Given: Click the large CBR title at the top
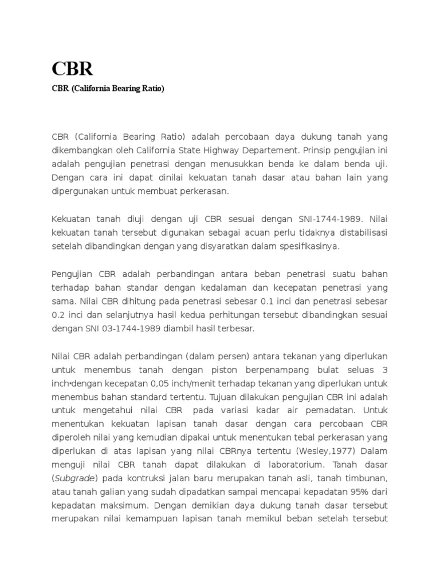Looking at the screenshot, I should click(72, 69).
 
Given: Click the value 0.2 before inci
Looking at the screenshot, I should click(58, 315).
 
